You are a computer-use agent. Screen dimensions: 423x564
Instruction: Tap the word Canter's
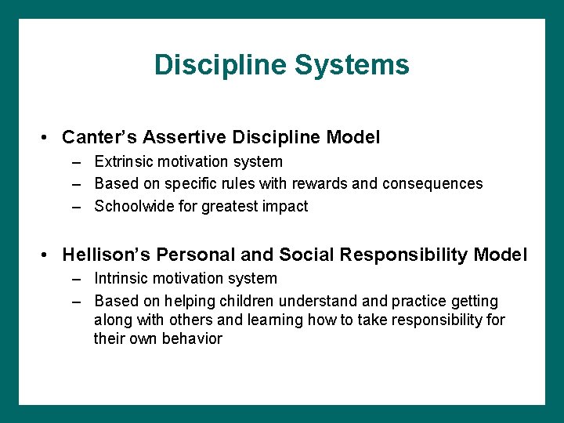(97, 138)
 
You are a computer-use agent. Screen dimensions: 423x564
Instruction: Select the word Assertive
(173, 138)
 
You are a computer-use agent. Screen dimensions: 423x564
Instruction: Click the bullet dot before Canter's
(48, 138)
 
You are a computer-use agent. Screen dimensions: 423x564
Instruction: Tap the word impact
(287, 207)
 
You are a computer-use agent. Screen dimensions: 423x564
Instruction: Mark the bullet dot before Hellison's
(48, 255)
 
